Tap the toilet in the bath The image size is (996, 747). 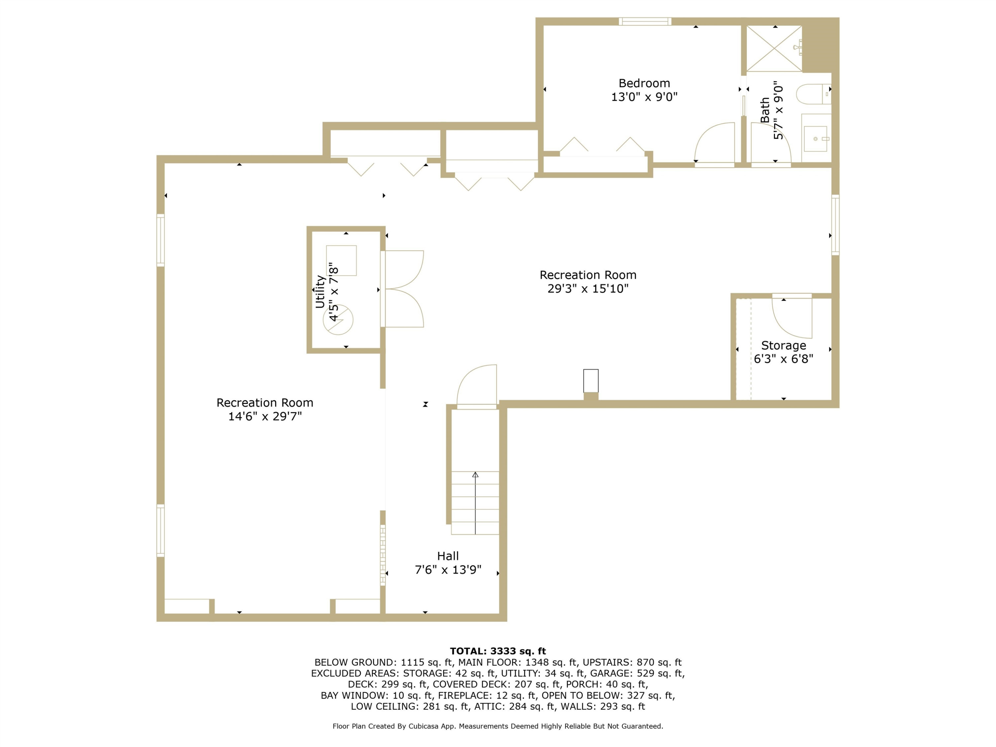[x=813, y=94]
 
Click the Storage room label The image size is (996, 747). [x=784, y=345]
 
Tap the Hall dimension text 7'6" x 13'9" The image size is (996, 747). [x=448, y=570]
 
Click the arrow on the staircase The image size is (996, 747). [x=475, y=503]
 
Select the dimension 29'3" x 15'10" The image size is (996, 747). [x=588, y=288]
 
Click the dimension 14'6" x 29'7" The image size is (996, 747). [x=265, y=416]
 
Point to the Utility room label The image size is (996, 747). [x=320, y=292]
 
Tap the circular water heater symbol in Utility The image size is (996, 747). [x=338, y=320]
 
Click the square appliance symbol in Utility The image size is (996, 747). [x=341, y=260]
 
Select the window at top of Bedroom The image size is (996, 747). [x=645, y=22]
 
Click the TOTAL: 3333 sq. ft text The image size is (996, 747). [x=498, y=651]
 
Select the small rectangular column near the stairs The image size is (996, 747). [x=591, y=381]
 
